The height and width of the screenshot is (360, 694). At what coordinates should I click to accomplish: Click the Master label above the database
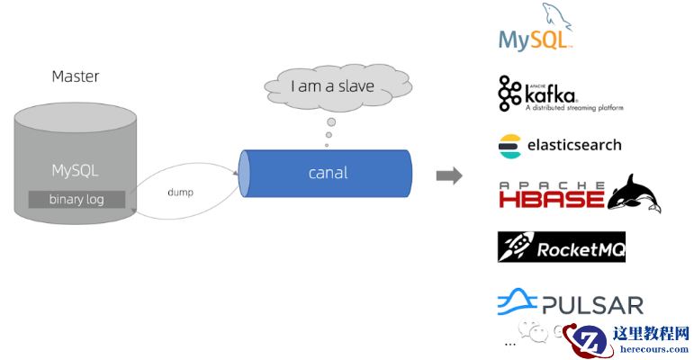pos(76,76)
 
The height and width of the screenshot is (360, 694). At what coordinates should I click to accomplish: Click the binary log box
pos(76,199)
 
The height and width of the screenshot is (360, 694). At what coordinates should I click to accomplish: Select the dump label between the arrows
pos(181,192)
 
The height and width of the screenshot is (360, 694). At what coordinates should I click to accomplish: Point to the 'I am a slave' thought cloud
pos(332,88)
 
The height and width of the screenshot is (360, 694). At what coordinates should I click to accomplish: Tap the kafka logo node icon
pos(510,94)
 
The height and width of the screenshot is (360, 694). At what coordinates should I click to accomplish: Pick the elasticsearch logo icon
pos(509,145)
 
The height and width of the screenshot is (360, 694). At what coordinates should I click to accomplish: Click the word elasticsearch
pos(572,145)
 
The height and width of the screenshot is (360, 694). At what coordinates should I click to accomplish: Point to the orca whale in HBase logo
pos(634,193)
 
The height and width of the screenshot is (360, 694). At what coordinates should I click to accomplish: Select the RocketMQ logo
pos(561,247)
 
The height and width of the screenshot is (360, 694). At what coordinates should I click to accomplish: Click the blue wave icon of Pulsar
pos(516,302)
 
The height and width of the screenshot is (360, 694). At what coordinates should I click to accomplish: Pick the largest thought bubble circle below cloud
pos(331,121)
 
